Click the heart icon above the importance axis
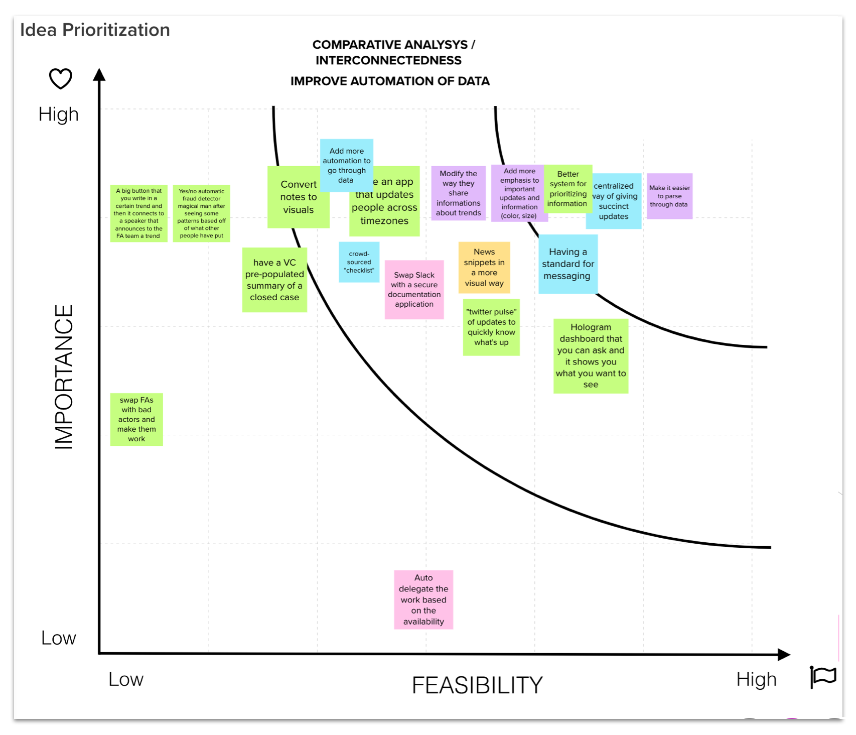[x=61, y=79]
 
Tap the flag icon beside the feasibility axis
[x=823, y=677]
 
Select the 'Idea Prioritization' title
[x=95, y=30]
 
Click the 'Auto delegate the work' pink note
[x=423, y=599]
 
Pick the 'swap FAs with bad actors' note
[x=136, y=419]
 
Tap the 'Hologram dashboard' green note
[x=591, y=356]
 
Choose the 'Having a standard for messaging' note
[x=567, y=264]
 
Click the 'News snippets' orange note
[x=484, y=268]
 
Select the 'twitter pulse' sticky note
[x=491, y=327]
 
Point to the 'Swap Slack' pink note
[x=414, y=290]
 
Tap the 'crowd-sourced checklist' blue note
[x=359, y=262]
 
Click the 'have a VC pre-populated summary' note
[x=274, y=280]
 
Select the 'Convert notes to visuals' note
[x=298, y=197]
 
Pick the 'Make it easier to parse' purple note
[x=669, y=196]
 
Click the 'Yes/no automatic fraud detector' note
[x=201, y=213]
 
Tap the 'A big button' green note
[x=138, y=213]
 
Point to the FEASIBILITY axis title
[x=477, y=685]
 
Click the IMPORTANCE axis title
[x=64, y=377]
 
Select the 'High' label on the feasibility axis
[x=756, y=679]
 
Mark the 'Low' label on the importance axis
[x=59, y=638]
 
